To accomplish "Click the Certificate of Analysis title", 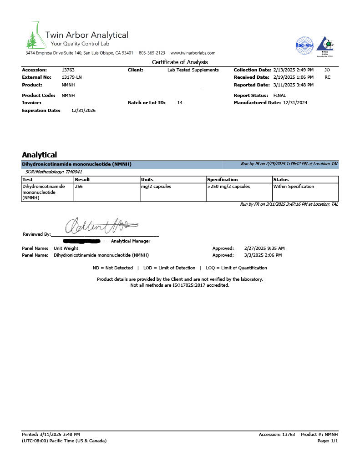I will pos(180,62).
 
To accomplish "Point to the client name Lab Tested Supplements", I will pos(193,70).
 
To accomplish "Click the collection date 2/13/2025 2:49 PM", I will pos(293,70).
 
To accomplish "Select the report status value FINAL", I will pos(279,96).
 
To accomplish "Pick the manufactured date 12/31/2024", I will pos(295,103).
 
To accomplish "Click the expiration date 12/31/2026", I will pos(84,111).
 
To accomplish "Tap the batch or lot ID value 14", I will pos(180,103).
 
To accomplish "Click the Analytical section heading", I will pos(39,155).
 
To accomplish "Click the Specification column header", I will pos(223,180).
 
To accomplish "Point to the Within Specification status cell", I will pos(294,187).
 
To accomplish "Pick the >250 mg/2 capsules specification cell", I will pos(228,187).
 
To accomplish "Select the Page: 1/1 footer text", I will pos(327,441).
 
